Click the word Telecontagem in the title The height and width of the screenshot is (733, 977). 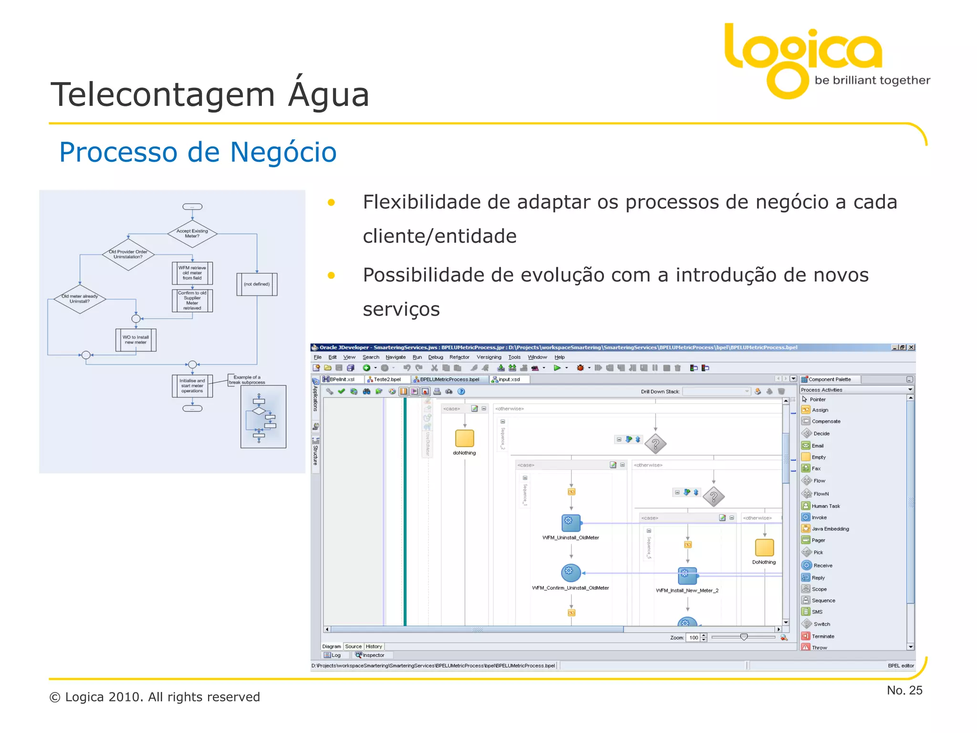(x=163, y=94)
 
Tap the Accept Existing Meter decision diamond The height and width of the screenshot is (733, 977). (x=192, y=233)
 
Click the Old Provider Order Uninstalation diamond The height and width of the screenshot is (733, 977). (x=128, y=254)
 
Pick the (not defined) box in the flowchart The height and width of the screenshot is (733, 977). (x=257, y=284)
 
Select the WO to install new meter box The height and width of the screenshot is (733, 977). (x=136, y=340)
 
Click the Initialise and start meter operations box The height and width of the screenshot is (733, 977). (x=192, y=386)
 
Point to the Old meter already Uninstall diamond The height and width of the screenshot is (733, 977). (x=80, y=299)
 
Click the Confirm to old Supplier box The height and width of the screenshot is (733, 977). (x=192, y=301)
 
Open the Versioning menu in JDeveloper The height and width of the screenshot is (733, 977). (x=488, y=357)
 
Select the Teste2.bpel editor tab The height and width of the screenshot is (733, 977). (x=387, y=379)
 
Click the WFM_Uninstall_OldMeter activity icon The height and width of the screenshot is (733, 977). (x=571, y=523)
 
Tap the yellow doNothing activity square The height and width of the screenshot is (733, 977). (x=464, y=438)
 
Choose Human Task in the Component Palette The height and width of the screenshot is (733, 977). (x=825, y=506)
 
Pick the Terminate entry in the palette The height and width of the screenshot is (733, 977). (x=822, y=636)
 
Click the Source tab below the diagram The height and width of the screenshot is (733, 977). (x=353, y=646)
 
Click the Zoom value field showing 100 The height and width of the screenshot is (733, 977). (x=693, y=638)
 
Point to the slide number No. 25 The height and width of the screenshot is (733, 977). (x=904, y=690)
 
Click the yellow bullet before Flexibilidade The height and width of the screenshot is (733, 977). (x=331, y=203)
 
